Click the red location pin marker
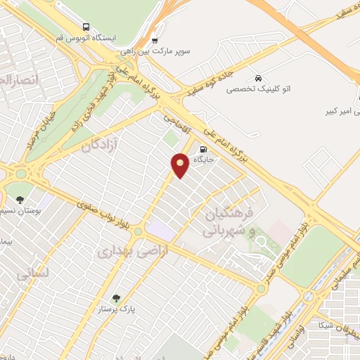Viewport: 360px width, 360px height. point(181,165)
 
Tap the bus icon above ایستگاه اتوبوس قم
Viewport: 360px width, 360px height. point(86,25)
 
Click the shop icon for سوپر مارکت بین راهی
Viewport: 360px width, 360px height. point(155,40)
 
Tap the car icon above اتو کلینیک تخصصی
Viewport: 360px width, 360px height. point(259,77)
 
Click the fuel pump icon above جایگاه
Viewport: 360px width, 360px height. point(203,149)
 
